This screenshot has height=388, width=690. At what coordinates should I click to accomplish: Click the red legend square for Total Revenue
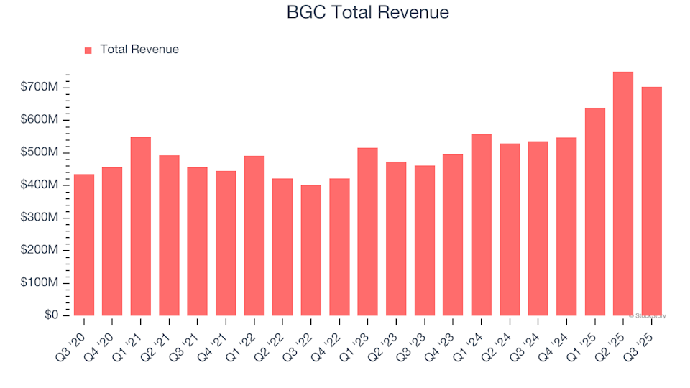coord(88,50)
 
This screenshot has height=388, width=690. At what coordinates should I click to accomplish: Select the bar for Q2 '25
coord(623,193)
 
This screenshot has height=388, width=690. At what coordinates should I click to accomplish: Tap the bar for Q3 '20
coord(84,244)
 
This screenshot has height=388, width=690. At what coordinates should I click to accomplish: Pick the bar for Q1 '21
coord(141,226)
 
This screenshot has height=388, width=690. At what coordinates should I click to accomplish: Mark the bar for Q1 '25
coord(595,211)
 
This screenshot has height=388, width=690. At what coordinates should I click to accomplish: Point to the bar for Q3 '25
coord(651,201)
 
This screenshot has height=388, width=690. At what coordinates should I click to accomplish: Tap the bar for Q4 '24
coord(566,226)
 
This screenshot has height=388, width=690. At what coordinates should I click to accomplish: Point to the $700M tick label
coord(40,87)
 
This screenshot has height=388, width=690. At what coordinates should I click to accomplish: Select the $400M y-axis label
coord(40,185)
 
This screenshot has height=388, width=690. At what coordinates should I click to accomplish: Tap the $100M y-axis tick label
coord(40,283)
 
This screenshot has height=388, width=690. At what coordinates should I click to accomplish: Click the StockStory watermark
coord(647,315)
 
